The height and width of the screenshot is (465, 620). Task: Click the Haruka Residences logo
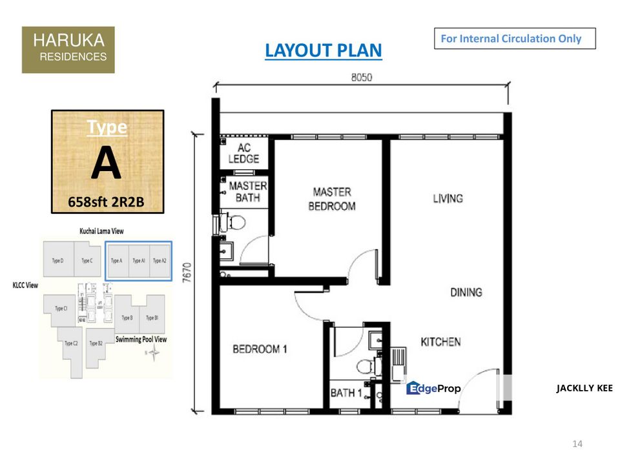point(68,50)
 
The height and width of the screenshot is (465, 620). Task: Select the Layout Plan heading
point(323,50)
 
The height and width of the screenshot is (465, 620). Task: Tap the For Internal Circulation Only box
point(514,39)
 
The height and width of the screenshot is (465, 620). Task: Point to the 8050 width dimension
point(362,77)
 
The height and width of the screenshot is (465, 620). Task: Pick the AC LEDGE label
point(243,154)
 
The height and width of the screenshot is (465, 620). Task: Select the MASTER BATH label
point(248,192)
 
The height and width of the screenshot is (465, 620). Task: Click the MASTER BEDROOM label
point(332,199)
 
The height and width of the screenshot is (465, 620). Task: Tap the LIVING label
point(448,198)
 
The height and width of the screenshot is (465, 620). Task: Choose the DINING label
point(466,293)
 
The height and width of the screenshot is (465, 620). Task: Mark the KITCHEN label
point(440,342)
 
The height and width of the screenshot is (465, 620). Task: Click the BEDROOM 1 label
point(260,349)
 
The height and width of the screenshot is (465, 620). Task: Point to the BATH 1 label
point(346,393)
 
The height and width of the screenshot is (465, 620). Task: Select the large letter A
point(106,165)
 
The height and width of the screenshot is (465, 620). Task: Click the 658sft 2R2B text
point(107,203)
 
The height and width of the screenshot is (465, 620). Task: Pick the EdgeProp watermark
point(433,388)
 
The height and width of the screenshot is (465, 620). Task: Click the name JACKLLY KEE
point(584,388)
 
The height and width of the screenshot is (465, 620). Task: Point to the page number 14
point(577,444)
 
